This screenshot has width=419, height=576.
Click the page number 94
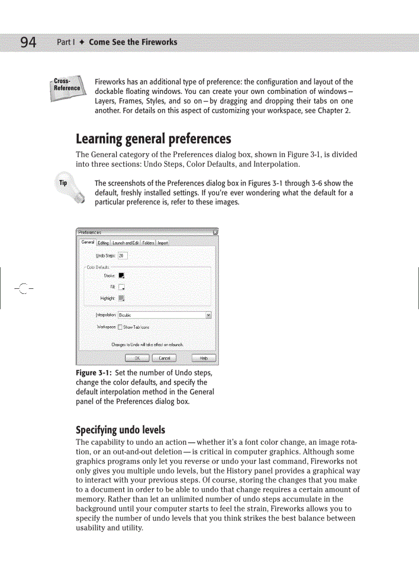(28, 42)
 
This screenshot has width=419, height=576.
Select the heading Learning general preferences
(153, 139)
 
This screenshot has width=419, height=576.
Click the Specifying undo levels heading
(120, 429)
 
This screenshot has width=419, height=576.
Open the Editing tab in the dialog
(103, 243)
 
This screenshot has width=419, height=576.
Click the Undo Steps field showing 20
(123, 255)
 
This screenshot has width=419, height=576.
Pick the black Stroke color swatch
(122, 276)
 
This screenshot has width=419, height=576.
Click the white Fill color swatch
(122, 287)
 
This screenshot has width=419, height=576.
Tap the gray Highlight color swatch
(122, 298)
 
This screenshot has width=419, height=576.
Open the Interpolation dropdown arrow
(208, 315)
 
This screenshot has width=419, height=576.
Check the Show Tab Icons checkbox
(120, 327)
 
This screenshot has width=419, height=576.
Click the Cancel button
(164, 358)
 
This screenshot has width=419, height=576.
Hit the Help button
(204, 358)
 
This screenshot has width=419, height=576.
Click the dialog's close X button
(215, 232)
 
